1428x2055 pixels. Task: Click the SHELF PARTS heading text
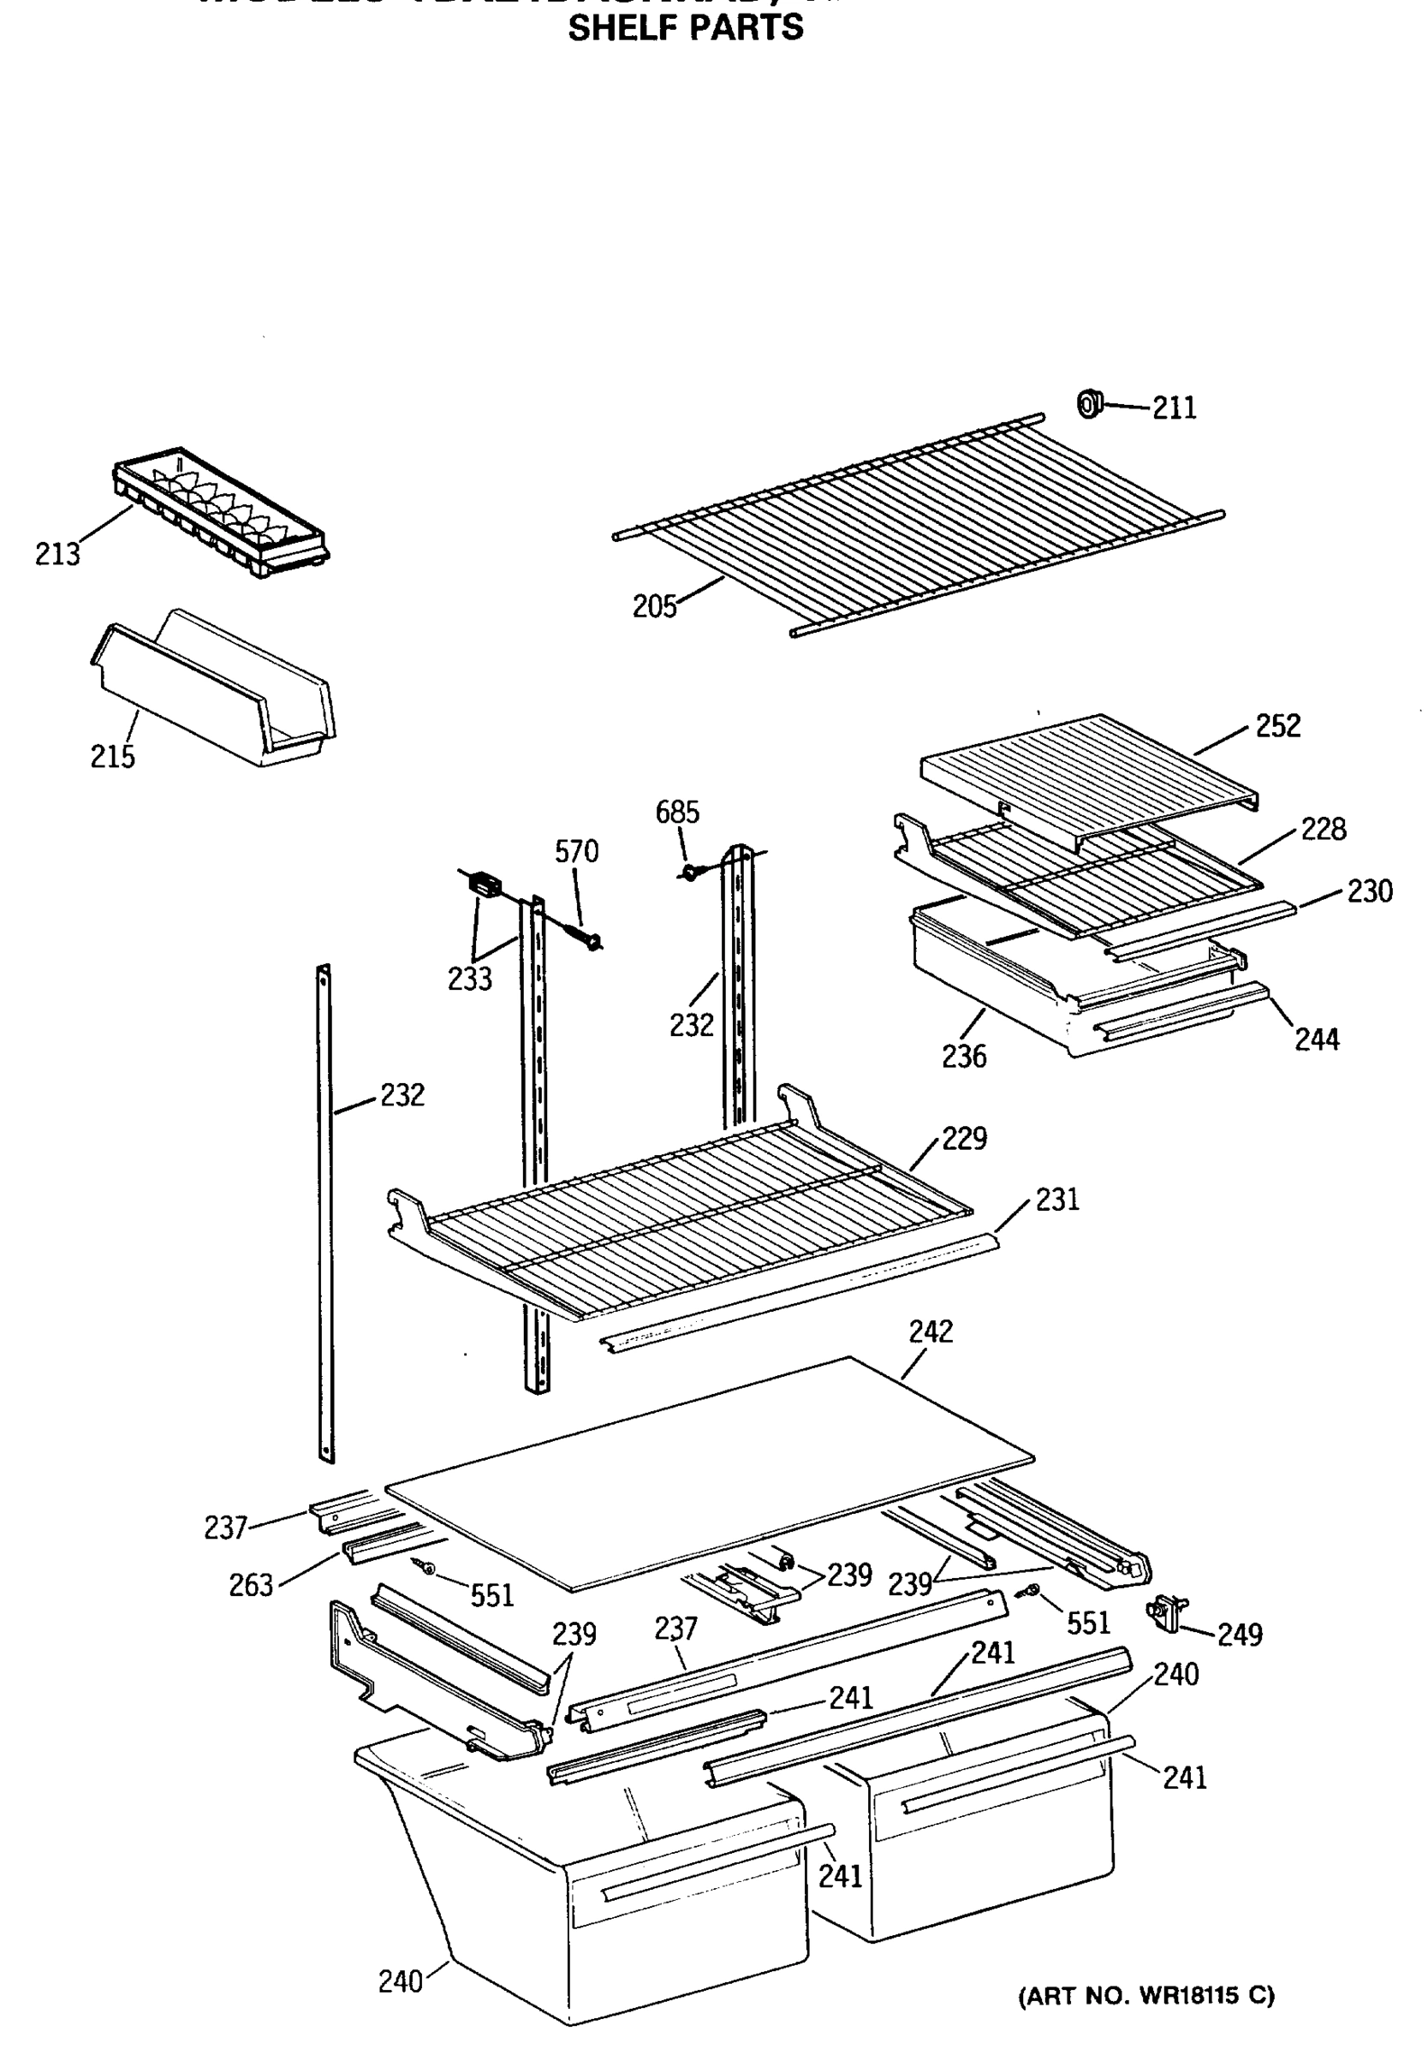[x=686, y=28]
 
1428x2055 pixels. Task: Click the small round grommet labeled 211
[x=1089, y=404]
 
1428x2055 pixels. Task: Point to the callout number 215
[x=113, y=757]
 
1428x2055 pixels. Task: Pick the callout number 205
[x=654, y=606]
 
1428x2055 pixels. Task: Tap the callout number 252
[x=1277, y=725]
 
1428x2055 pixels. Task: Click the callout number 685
[x=677, y=813]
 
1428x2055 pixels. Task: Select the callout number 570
[x=576, y=852]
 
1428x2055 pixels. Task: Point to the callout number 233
[x=470, y=980]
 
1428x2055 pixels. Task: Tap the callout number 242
[x=931, y=1332]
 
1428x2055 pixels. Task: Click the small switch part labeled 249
[x=1165, y=1611]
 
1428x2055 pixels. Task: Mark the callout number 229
[x=964, y=1139]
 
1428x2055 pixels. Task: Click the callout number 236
[x=964, y=1057]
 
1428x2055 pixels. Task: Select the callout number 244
[x=1317, y=1039]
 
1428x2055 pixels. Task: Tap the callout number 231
[x=1056, y=1200]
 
